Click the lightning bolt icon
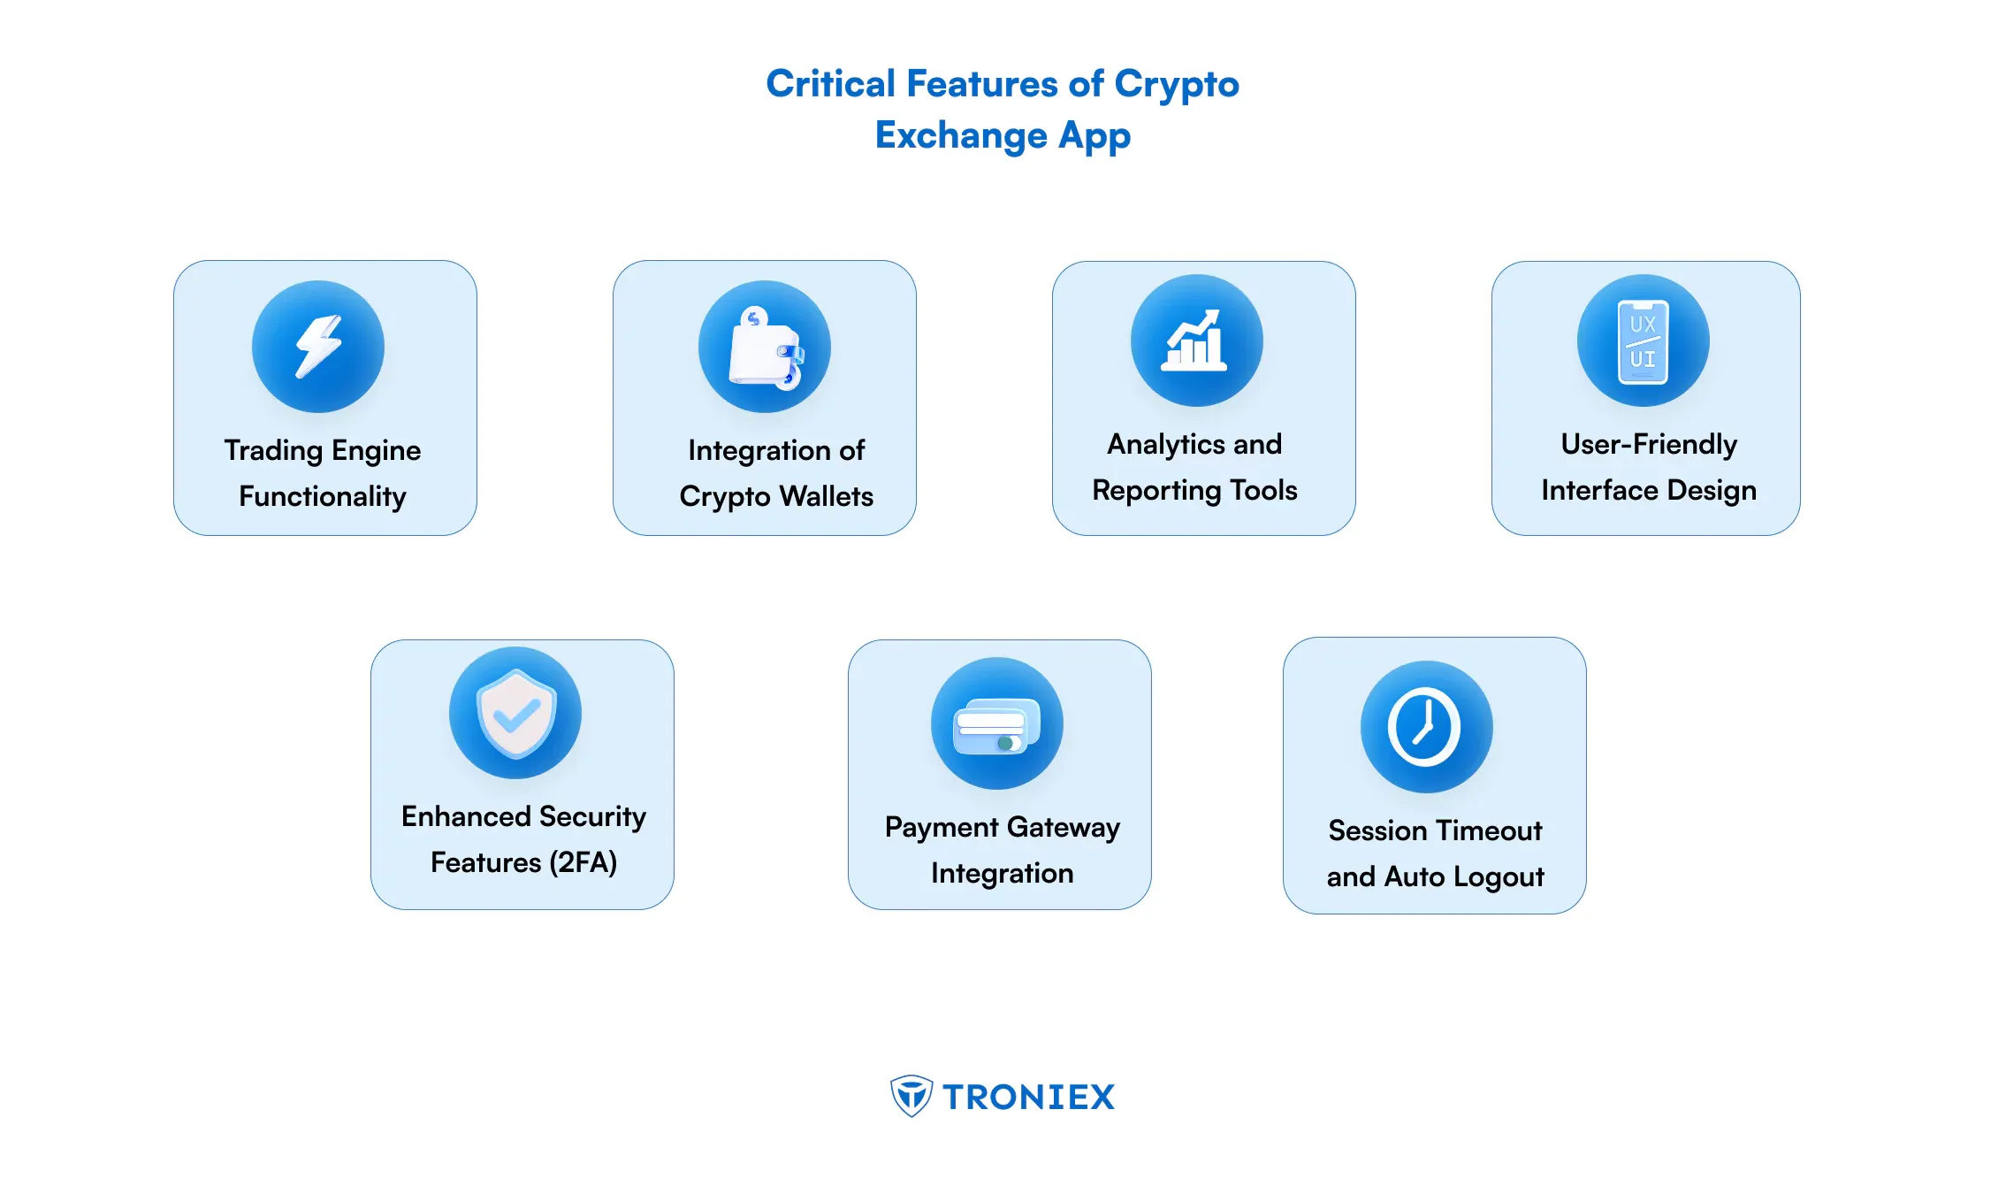pos(318,346)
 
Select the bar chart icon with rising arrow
pos(1195,340)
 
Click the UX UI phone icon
pos(1643,341)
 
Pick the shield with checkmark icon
pos(516,713)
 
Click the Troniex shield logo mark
pos(911,1096)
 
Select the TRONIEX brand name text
pos(1029,1097)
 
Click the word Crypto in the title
pos(1177,86)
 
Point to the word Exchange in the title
pos(961,135)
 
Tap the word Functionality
pos(323,497)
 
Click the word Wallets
pos(827,496)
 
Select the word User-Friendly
pos(1649,445)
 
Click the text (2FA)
pos(583,862)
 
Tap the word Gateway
pos(1064,828)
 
